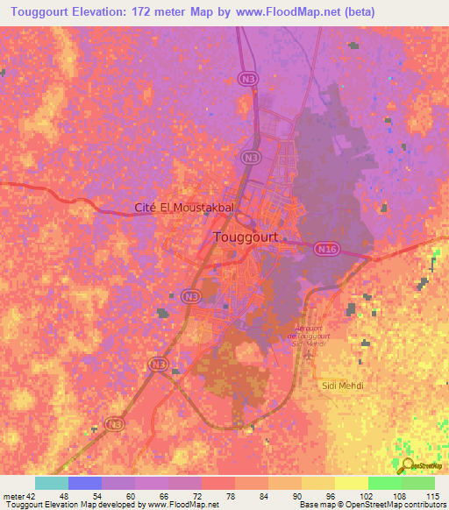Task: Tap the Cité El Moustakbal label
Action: coord(184,208)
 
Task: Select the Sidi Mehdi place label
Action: coord(339,386)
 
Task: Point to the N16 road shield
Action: coord(326,250)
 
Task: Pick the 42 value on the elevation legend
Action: coord(31,496)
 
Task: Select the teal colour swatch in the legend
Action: coord(52,483)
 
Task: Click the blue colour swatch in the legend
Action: coord(85,483)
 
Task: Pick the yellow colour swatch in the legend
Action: coord(351,483)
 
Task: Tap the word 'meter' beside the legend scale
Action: coord(13,496)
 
